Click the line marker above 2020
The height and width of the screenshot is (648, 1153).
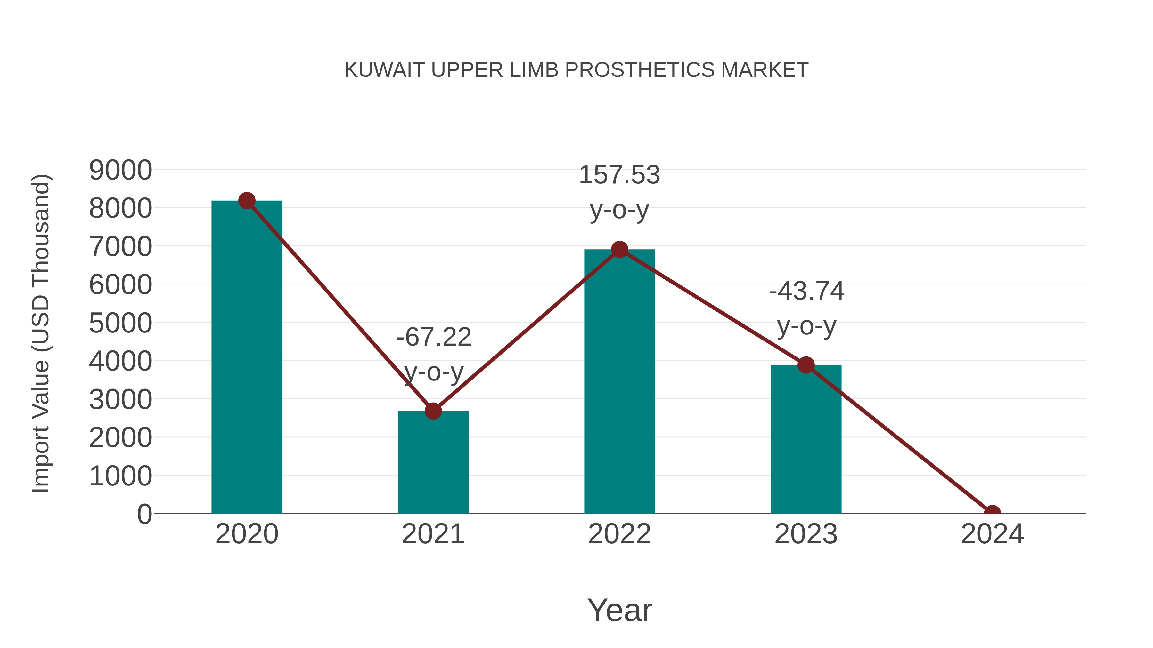[247, 201]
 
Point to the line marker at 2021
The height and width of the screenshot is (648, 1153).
[433, 411]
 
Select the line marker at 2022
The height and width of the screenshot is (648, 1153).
[619, 250]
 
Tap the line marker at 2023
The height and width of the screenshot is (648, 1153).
[806, 365]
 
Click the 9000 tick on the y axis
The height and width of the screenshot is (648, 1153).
[120, 170]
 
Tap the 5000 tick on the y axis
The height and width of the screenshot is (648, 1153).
[120, 323]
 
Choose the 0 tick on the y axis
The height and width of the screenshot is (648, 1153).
[144, 514]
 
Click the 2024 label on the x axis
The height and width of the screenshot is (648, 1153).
[992, 534]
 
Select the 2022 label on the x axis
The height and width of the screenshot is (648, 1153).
[619, 534]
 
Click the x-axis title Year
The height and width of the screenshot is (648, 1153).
[619, 610]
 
